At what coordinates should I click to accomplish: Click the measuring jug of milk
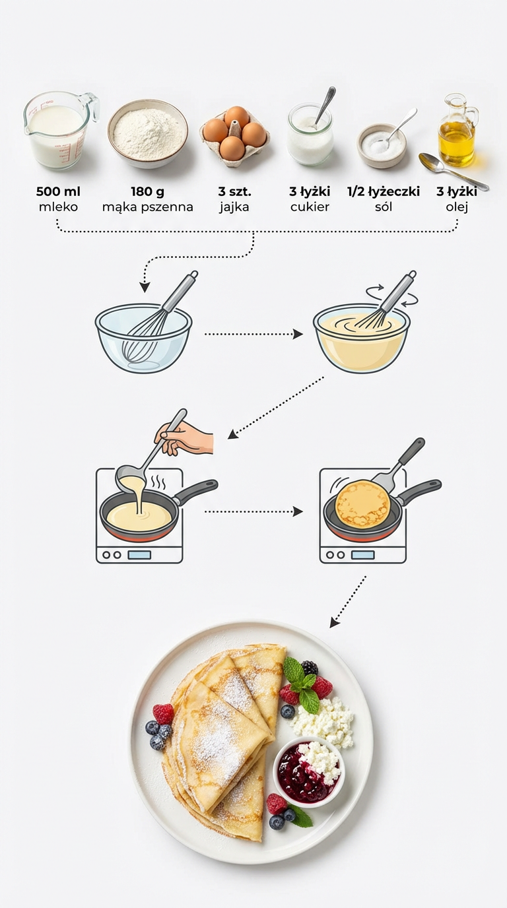click(x=57, y=130)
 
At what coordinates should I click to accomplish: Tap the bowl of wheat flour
click(x=148, y=135)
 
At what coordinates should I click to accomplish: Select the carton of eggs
click(x=234, y=137)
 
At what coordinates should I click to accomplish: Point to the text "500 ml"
click(x=58, y=192)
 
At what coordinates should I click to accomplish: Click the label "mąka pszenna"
click(x=148, y=207)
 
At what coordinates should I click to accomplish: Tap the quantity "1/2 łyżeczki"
click(x=384, y=192)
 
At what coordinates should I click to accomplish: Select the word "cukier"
click(x=310, y=207)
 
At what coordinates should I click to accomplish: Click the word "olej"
click(x=457, y=207)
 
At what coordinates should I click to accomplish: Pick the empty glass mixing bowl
click(x=143, y=338)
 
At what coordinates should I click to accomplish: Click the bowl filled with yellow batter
click(x=361, y=338)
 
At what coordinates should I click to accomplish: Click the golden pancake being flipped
click(x=362, y=504)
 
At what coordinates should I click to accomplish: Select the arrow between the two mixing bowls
click(x=253, y=335)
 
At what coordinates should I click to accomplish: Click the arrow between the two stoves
click(x=253, y=511)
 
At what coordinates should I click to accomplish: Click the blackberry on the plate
click(x=310, y=668)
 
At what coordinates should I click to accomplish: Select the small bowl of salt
click(x=382, y=146)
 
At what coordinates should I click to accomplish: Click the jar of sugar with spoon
click(x=310, y=135)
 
